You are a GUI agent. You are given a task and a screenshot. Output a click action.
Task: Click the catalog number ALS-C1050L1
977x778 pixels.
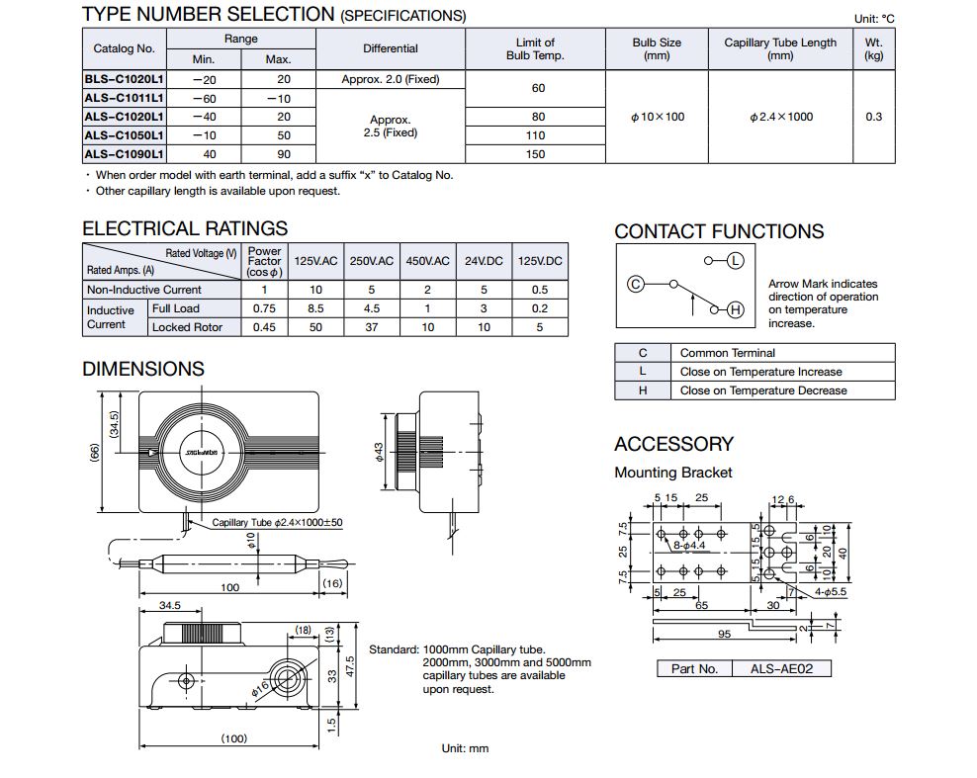[124, 135]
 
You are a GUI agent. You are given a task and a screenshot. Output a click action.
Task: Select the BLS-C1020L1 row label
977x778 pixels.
[124, 79]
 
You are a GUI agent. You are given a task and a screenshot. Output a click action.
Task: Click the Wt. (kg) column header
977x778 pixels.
[873, 48]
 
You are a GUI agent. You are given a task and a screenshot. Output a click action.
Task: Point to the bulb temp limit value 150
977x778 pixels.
[535, 154]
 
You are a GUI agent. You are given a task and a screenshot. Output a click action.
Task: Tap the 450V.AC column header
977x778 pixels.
[427, 261]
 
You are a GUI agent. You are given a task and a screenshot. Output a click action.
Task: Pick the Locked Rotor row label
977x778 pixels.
[187, 327]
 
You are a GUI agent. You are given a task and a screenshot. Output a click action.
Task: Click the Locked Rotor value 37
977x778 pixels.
[371, 327]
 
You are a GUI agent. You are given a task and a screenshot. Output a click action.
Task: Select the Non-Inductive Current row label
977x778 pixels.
[143, 290]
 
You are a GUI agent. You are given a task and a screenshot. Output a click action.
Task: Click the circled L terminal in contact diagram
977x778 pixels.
[735, 261]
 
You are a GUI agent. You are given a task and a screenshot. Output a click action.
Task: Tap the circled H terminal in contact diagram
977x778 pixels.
[735, 310]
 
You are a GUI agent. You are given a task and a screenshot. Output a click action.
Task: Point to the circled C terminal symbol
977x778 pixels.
[636, 284]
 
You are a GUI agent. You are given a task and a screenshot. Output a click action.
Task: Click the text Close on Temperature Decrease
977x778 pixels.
[763, 390]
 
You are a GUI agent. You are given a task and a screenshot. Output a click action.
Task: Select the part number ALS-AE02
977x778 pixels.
[782, 669]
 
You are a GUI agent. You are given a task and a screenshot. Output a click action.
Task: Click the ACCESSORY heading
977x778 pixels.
[673, 444]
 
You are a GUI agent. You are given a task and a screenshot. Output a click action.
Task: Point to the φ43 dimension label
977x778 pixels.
[378, 452]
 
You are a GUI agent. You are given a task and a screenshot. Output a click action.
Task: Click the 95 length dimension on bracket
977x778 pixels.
[725, 635]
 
